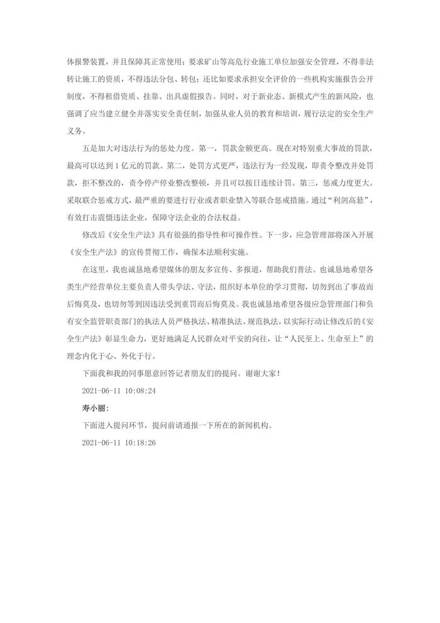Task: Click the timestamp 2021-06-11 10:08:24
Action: pos(119,391)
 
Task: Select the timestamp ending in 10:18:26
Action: pos(119,442)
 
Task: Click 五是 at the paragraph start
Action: pos(91,150)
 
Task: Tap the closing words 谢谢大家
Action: pos(259,373)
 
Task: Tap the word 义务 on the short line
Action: pos(74,132)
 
